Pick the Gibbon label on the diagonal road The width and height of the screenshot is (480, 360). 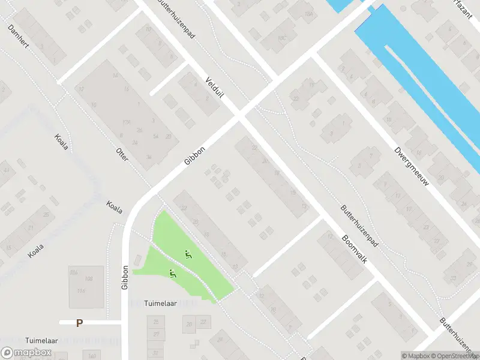[195, 156]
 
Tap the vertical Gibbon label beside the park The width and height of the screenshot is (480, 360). [125, 278]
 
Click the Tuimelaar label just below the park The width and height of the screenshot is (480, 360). [161, 304]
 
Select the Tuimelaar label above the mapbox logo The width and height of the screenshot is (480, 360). [41, 340]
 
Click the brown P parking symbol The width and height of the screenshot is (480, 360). [79, 323]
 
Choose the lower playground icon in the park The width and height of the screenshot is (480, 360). [172, 274]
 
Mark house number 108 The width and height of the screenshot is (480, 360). [89, 279]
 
